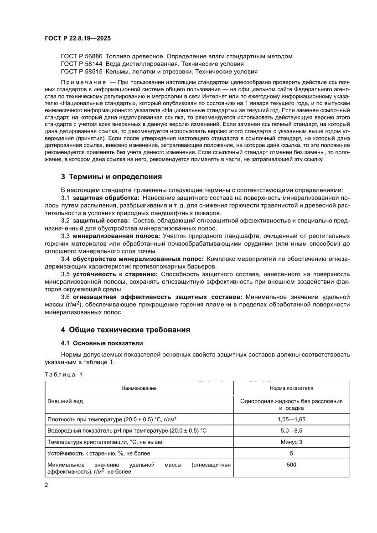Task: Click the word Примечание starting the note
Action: click(x=80, y=81)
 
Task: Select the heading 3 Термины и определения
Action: click(x=111, y=176)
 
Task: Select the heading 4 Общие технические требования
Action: click(x=125, y=330)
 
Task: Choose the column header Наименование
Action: click(x=139, y=388)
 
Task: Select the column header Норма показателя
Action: click(x=291, y=388)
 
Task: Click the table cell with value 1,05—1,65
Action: click(x=291, y=419)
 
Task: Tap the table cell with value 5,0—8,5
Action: click(x=291, y=430)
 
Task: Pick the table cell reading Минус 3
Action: click(x=291, y=442)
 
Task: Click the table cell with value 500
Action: click(x=291, y=465)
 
